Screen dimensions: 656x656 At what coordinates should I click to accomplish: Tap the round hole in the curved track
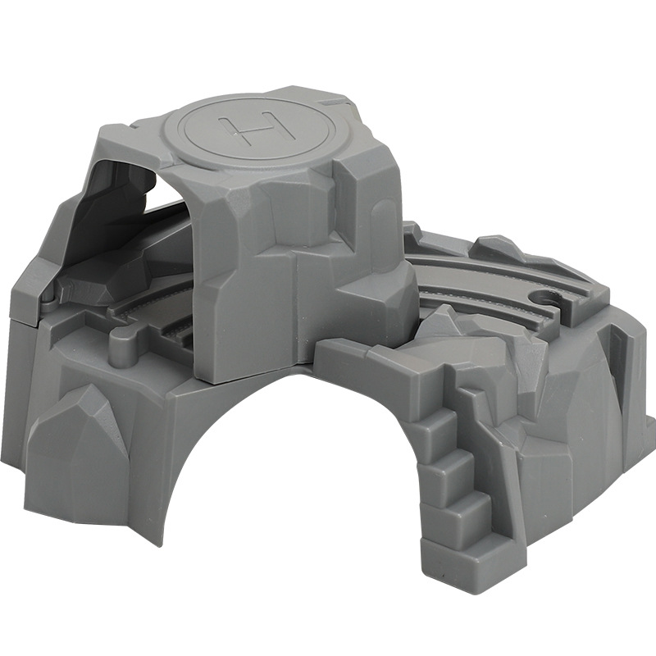[x=545, y=298]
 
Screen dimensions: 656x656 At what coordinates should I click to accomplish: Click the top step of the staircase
[x=435, y=422]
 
